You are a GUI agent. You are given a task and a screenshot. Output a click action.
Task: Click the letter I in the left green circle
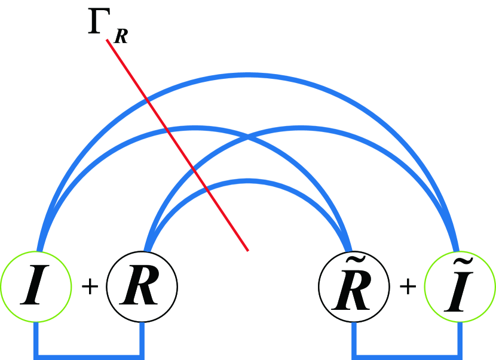[x=36, y=288]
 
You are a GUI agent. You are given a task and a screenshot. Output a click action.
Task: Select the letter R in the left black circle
[x=142, y=288]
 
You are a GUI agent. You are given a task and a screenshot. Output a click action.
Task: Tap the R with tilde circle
[x=354, y=287]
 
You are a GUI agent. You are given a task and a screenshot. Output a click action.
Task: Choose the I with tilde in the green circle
[x=460, y=287]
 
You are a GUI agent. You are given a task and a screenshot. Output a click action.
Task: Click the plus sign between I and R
[x=89, y=287]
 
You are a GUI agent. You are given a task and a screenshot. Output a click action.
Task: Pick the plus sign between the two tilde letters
[x=408, y=287]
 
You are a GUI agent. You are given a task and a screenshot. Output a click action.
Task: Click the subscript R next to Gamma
[x=121, y=37]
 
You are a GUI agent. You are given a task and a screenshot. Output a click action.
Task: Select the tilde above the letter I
[x=461, y=265]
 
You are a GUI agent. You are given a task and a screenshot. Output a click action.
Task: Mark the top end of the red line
[x=107, y=40]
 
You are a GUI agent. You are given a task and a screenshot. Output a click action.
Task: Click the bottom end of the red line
[x=248, y=250]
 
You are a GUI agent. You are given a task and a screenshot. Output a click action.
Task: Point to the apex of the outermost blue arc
[x=248, y=75]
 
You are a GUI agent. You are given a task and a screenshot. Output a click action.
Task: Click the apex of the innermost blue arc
[x=248, y=181]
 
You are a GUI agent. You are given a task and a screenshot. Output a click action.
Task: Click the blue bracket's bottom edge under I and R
[x=89, y=356]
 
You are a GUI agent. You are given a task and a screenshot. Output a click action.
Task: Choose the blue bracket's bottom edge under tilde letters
[x=408, y=356]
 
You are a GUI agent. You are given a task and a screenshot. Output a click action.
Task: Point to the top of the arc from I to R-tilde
[x=195, y=128]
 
